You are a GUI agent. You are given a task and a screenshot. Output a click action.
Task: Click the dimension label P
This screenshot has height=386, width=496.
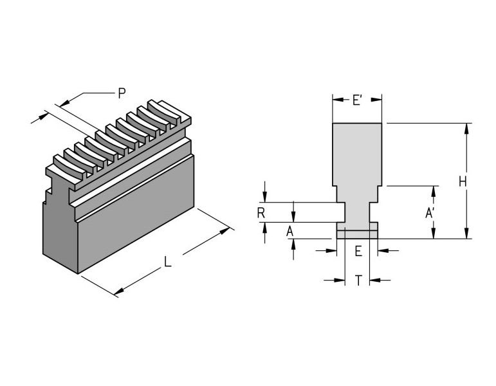(121, 93)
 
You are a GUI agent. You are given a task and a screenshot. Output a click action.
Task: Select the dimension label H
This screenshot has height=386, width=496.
(463, 182)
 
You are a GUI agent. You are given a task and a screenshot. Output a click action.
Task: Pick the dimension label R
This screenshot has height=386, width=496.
(261, 213)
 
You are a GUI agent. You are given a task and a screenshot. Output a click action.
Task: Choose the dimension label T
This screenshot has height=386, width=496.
(358, 280)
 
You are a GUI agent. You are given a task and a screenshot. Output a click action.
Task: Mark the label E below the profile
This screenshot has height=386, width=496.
(358, 251)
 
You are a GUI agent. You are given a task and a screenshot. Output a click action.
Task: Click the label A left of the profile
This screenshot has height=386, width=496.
(289, 230)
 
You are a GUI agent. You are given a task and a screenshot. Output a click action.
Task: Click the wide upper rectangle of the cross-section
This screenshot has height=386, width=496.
(357, 151)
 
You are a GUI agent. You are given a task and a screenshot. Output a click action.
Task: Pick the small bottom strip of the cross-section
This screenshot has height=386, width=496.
(357, 234)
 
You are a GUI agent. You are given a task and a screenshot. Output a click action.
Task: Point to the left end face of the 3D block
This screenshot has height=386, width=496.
(60, 232)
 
